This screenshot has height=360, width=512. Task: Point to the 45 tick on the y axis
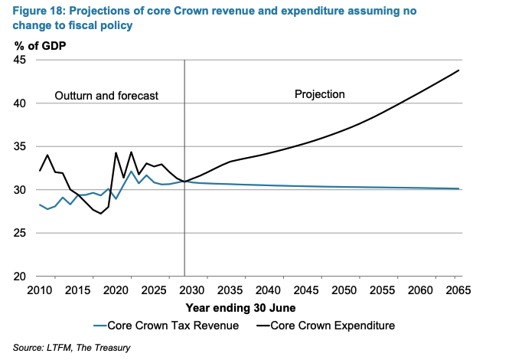(21, 61)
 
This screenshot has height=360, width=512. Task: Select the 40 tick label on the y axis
(21, 103)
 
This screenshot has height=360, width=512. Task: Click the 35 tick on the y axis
(21, 146)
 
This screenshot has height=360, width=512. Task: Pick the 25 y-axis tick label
(21, 233)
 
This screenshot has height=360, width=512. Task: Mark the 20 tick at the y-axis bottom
(21, 276)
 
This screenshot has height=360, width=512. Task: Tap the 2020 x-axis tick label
(116, 291)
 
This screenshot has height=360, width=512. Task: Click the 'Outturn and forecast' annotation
(106, 96)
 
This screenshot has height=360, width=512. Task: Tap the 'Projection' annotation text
(320, 94)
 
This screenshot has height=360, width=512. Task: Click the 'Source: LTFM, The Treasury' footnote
(72, 349)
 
